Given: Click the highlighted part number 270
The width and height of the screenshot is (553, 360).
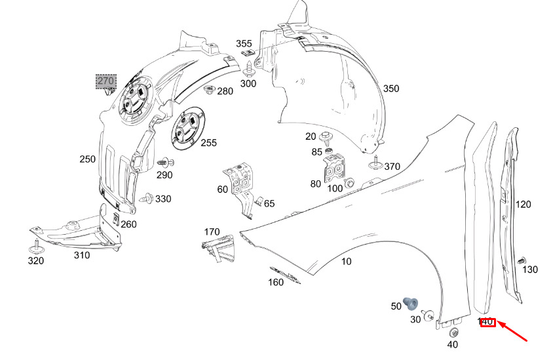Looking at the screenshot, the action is (105, 81).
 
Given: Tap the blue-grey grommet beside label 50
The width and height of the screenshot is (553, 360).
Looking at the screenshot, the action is (411, 304).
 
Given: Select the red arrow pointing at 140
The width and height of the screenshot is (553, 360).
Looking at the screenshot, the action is (512, 331).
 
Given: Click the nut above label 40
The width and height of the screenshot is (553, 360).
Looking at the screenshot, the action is (454, 333).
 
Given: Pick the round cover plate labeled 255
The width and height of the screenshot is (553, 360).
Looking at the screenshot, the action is (187, 127).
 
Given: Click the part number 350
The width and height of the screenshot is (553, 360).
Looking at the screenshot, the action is (391, 89).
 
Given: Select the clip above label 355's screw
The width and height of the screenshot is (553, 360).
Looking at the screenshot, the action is (249, 52).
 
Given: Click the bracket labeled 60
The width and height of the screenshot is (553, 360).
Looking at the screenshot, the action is (241, 187).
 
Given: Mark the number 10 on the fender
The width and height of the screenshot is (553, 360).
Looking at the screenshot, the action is (347, 262).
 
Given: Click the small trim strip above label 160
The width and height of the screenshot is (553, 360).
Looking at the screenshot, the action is (285, 275).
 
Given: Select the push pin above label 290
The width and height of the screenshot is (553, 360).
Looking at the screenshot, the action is (165, 163).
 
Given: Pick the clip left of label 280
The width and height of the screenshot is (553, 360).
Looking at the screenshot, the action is (210, 90).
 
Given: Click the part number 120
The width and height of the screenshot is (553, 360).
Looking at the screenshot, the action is (524, 205).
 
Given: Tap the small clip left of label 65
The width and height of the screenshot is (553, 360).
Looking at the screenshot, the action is (259, 201).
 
